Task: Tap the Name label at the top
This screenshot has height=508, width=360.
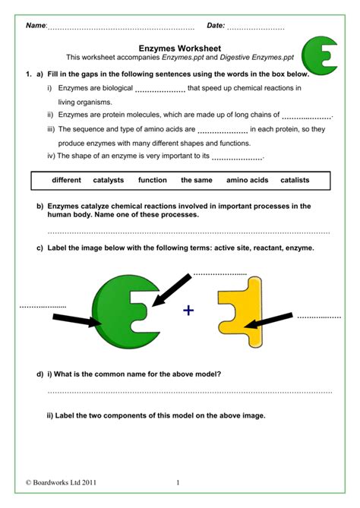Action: pos(36,26)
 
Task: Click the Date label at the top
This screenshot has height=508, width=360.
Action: pos(216,26)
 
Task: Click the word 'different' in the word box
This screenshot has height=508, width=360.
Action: pos(66,181)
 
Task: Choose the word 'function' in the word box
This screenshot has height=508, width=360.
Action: pos(152,181)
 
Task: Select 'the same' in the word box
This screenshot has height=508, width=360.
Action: pos(196,181)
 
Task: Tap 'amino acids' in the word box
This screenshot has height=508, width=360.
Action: pos(247,181)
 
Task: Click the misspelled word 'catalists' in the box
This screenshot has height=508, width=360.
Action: pos(295,181)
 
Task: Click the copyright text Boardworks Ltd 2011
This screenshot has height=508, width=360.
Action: pos(61,482)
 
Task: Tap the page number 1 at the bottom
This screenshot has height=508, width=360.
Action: pos(177,482)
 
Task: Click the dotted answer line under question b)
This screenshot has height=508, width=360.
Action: pos(189,231)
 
